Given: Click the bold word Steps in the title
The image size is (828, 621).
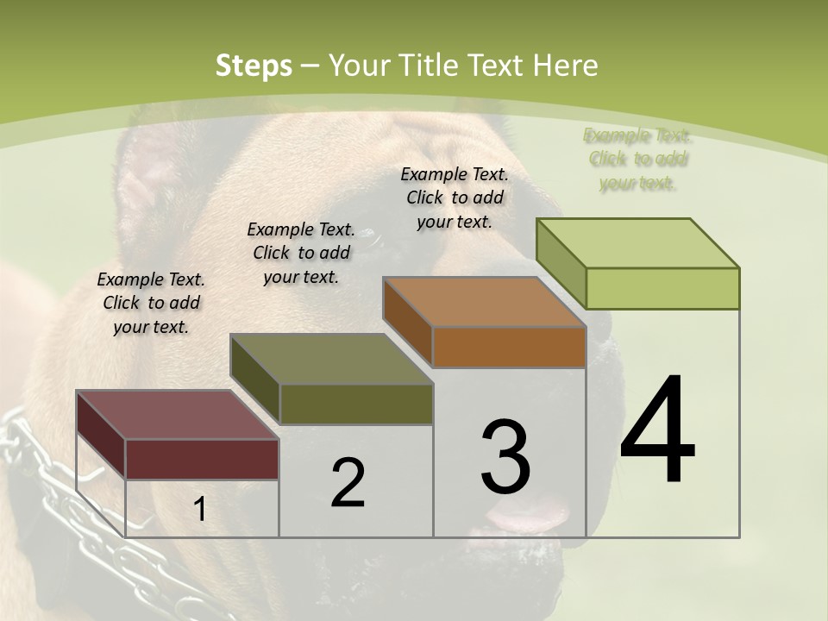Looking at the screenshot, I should tap(254, 66).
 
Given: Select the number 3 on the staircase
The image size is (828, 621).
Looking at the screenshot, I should tap(505, 456).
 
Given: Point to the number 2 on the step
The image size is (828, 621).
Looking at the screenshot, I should tap(348, 483).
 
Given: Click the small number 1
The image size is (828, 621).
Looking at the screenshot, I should tap(199, 509).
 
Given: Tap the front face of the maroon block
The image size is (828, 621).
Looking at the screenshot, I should tap(202, 459).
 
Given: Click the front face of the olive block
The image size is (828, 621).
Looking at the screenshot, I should tap(356, 404).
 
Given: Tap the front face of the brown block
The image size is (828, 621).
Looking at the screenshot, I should tap(509, 347).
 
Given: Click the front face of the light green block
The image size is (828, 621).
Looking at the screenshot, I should tap(662, 288).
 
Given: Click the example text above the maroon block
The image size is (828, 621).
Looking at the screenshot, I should tap(151, 303).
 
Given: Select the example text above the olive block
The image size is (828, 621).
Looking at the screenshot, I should tap(301, 253).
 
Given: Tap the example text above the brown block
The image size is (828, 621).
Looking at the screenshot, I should tap(455, 198).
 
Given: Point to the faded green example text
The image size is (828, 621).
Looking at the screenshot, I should tap(637, 159).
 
